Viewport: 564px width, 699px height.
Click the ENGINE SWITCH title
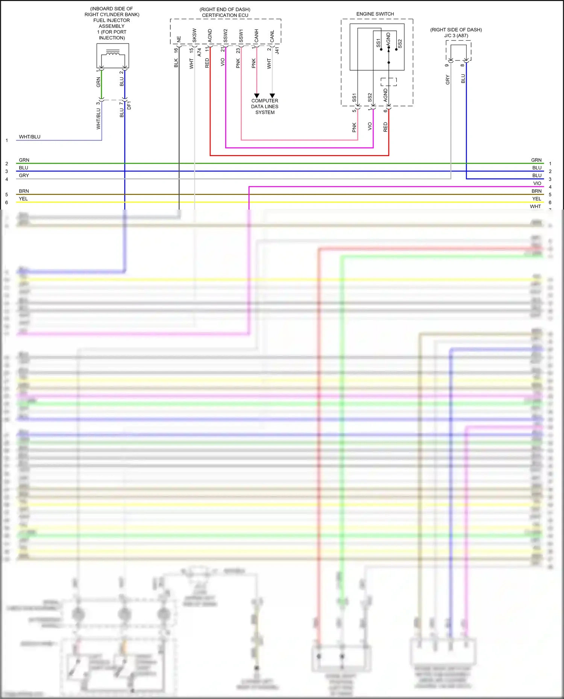click(x=375, y=14)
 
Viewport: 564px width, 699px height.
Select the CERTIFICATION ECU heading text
click(x=225, y=15)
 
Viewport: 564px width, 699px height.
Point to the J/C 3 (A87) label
click(x=456, y=36)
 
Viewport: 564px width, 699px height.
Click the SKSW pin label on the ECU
click(x=194, y=35)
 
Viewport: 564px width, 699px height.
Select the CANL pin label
click(x=272, y=36)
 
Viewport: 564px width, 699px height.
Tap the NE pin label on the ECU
click(x=179, y=39)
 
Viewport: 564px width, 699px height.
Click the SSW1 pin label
click(x=241, y=36)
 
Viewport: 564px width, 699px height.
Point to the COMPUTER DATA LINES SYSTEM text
click(x=265, y=107)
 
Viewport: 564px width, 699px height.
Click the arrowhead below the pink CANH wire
click(x=257, y=96)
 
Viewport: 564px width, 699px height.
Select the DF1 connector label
click(x=129, y=105)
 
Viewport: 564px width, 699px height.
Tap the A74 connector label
click(x=199, y=52)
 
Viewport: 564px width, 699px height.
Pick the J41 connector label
click(x=277, y=50)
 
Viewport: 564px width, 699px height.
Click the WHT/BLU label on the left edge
click(x=30, y=137)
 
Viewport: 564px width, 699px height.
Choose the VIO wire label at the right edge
click(x=537, y=183)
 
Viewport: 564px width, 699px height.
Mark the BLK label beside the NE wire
click(x=176, y=63)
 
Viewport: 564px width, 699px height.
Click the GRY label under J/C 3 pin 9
click(x=447, y=79)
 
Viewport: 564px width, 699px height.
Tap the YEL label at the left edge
click(x=23, y=199)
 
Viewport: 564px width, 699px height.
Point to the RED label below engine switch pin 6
click(x=385, y=127)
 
